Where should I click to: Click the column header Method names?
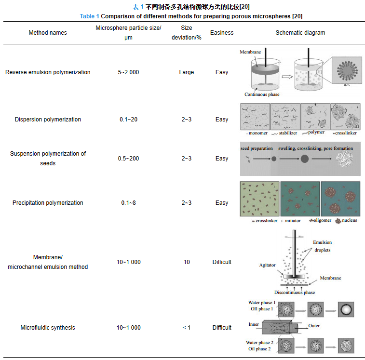click(48, 33)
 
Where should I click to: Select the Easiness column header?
click(222, 33)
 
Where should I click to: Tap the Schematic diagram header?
click(300, 33)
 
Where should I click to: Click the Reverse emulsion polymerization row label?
click(48, 72)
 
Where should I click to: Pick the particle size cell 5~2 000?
click(128, 72)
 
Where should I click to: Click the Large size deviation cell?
click(186, 72)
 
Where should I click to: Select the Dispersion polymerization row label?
click(48, 120)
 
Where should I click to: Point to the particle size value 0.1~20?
click(128, 120)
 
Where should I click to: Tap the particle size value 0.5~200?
click(128, 159)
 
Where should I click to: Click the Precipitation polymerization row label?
click(48, 203)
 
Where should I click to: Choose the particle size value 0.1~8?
click(128, 203)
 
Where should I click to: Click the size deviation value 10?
click(186, 262)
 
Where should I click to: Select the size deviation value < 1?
click(186, 328)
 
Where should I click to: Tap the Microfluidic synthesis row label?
click(48, 328)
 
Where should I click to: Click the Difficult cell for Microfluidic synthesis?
click(222, 328)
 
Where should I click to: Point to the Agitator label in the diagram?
click(268, 265)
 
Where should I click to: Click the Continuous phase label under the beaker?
click(262, 94)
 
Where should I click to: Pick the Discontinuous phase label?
click(295, 293)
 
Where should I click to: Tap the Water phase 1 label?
click(262, 303)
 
